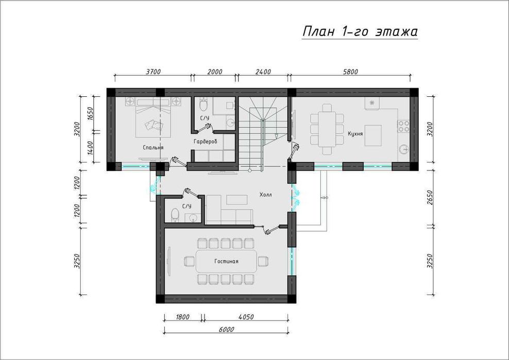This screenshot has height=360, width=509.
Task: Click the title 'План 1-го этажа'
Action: (x=360, y=32)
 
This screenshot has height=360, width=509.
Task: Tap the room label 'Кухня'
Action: (x=355, y=133)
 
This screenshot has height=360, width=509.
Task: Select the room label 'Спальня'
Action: (x=153, y=147)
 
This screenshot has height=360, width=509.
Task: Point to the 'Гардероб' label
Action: (x=206, y=142)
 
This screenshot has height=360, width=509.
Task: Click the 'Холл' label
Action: (x=265, y=195)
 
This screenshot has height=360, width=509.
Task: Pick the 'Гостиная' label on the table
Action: (x=226, y=261)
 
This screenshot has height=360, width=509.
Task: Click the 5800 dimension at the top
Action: (x=350, y=72)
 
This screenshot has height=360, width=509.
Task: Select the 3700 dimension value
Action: (x=153, y=72)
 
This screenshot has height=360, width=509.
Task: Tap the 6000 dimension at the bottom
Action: (x=226, y=329)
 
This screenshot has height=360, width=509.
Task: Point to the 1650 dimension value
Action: (x=91, y=114)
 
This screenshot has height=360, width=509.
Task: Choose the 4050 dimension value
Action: (x=246, y=317)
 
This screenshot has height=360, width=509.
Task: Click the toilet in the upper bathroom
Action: (x=203, y=104)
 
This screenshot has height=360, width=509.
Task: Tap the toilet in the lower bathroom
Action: (x=175, y=215)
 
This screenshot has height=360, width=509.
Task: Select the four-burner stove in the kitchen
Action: (x=403, y=126)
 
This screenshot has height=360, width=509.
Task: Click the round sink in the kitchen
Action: (x=404, y=149)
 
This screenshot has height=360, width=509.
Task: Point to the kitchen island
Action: (x=373, y=135)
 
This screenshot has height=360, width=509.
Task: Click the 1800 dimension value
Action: (x=182, y=317)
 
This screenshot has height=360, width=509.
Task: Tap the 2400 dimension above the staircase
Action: (x=263, y=72)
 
